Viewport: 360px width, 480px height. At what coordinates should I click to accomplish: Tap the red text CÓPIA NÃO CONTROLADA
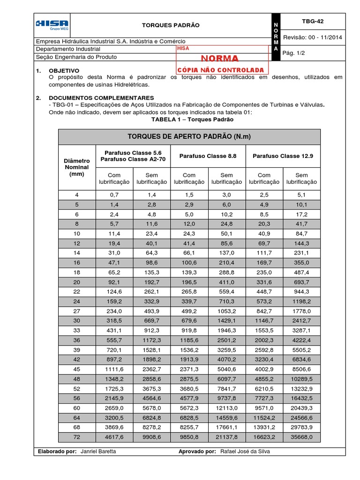220,70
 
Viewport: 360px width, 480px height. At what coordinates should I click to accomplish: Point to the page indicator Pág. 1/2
294,53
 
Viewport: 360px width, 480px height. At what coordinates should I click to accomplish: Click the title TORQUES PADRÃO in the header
164,25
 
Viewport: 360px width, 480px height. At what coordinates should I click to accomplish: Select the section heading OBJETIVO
64,70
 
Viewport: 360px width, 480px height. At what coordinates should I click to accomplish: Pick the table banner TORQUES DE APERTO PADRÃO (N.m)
189,136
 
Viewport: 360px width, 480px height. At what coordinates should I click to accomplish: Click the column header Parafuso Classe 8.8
208,156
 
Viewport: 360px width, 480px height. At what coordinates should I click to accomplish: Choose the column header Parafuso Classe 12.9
283,156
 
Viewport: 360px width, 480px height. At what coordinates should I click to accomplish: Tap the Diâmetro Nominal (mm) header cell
76,167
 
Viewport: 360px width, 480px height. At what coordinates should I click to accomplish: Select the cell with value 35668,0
301,437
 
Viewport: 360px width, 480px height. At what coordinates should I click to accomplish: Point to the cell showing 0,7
114,194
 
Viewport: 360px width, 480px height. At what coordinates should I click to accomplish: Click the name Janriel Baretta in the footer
97,451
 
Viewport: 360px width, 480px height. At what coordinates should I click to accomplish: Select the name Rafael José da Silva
245,451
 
